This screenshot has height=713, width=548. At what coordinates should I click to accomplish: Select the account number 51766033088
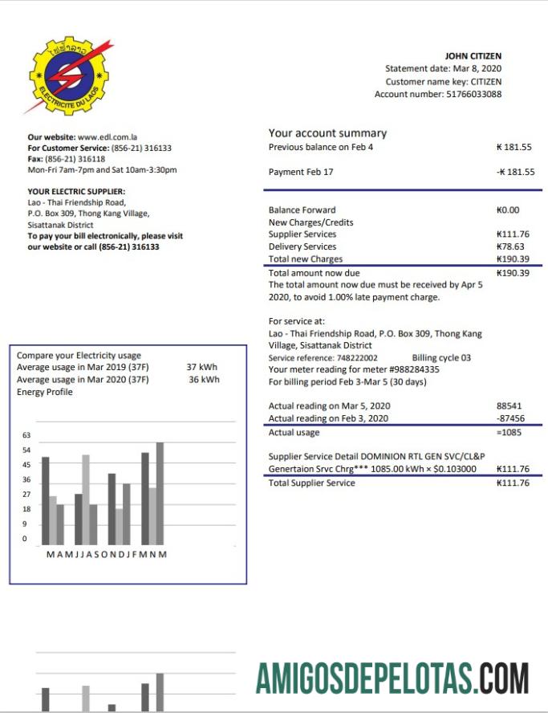[x=473, y=94]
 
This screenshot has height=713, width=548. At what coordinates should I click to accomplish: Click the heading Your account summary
[x=327, y=133]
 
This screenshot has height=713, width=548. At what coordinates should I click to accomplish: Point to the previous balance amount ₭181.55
[x=514, y=147]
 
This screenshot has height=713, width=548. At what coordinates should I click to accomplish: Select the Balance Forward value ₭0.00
[x=509, y=210]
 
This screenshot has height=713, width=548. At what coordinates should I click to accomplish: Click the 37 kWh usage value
[x=202, y=367]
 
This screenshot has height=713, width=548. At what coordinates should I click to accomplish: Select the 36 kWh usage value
[x=203, y=379]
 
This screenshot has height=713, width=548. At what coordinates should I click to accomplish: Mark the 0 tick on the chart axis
[x=24, y=539]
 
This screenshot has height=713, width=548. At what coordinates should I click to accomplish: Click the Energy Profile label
[x=45, y=392]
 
